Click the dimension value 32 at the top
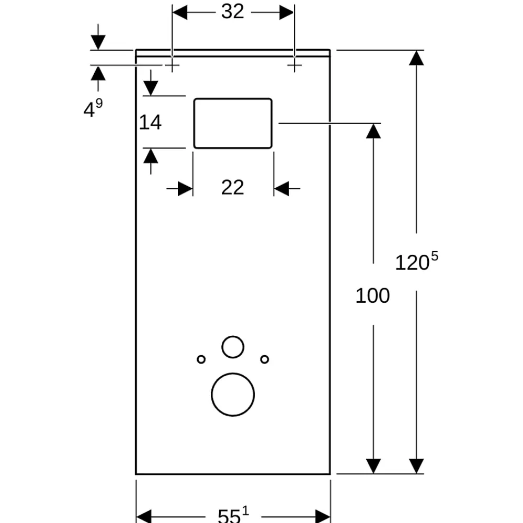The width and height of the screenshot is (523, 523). pos(233,12)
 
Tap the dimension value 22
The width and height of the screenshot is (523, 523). pos(233,187)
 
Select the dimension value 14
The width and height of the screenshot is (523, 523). pos(150,122)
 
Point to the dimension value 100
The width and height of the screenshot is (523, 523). pos(372,295)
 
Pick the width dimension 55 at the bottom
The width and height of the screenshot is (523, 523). pos(233,515)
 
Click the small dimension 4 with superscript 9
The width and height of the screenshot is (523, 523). pos(93,108)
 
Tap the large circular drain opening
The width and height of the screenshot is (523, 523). pos(233,373)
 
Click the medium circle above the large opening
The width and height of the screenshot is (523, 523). pos(233,336)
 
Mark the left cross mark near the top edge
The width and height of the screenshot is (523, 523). pos(172,65)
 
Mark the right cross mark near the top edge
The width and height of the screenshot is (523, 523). pos(294,65)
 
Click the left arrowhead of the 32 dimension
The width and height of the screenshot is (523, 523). pos(179,13)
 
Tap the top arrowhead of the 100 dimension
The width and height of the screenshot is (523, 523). pos(373,131)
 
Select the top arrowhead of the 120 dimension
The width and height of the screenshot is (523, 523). pos(416,58)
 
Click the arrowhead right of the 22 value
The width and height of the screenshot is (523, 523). pos(281,188)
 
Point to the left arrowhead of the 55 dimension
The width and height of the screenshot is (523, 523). pos(144,516)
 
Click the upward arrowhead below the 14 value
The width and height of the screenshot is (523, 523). pos(151,156)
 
